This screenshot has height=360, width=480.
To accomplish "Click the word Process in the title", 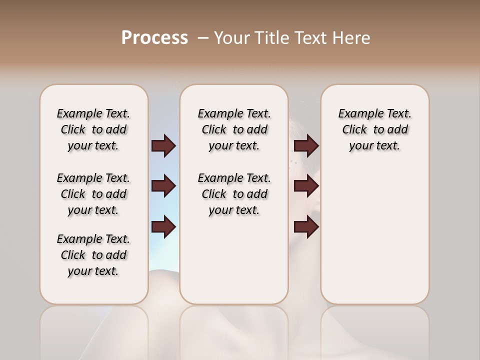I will tap(154, 38).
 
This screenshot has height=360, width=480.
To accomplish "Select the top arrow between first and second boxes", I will tap(163, 145).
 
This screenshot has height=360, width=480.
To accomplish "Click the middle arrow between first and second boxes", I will tap(163, 186).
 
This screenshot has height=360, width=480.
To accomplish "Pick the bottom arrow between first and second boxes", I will tap(163, 227).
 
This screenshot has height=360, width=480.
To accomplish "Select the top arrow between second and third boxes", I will tap(306, 145).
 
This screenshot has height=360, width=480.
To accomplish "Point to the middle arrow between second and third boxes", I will tap(306, 186).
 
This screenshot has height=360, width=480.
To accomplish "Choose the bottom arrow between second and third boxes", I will tap(306, 227).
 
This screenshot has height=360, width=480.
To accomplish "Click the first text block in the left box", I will tap(93, 129).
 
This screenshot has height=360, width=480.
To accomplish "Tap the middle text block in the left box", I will tap(93, 194).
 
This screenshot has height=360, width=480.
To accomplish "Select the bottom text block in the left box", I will tap(93, 255).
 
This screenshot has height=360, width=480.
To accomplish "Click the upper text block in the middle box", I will tap(234, 129).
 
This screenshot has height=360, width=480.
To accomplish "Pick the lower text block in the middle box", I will tap(234, 194).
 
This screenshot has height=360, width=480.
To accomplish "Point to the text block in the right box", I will tap(374, 129).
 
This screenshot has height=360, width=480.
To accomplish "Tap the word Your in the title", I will tap(229, 38).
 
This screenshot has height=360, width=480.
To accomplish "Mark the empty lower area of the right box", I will tap(374, 235).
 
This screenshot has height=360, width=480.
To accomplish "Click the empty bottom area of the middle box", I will tap(234, 265).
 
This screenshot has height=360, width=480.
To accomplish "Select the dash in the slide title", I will tap(203, 38).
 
